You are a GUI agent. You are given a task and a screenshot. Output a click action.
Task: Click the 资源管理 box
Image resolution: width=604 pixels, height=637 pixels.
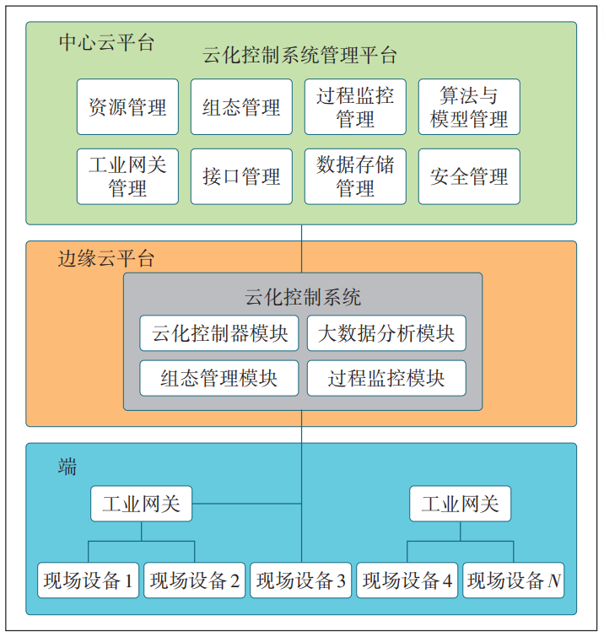point(127,107)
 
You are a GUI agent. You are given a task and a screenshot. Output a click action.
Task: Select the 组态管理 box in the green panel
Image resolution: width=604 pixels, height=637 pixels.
point(241,107)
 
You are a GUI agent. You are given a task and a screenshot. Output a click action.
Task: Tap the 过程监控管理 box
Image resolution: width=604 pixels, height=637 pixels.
point(355,107)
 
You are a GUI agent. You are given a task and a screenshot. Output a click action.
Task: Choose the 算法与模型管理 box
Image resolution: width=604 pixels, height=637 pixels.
point(469,107)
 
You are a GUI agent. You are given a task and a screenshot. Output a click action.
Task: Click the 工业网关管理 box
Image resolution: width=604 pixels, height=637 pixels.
point(127,176)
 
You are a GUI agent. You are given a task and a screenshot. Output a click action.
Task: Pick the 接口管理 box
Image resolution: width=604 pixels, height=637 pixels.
point(241,176)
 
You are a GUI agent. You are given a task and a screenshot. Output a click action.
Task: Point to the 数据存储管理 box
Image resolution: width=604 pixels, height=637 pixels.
point(355,176)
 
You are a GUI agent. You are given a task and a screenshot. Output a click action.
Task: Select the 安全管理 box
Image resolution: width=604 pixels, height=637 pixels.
point(469,176)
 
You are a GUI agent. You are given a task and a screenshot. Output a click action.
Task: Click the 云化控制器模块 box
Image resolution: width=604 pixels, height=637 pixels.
point(219,333)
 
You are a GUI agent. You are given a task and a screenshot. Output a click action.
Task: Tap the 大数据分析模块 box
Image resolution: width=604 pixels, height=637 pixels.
point(386,333)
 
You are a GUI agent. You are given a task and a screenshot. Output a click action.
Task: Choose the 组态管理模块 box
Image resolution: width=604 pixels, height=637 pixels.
point(219,378)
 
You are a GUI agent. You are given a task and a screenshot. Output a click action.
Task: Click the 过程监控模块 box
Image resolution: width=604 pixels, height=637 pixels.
point(386,378)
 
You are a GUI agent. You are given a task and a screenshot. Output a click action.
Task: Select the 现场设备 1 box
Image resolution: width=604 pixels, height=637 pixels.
point(89,580)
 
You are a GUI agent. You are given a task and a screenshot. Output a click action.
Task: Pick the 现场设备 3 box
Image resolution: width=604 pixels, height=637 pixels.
point(301,580)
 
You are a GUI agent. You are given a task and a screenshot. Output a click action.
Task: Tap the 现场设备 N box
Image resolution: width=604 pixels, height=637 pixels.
point(514,580)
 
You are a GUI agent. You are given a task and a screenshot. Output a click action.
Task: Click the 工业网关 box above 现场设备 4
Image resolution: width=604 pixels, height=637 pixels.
point(461,505)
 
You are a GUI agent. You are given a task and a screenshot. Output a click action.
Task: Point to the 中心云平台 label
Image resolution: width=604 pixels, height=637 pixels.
point(106,43)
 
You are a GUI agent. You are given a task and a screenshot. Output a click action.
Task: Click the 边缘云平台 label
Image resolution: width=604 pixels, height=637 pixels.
point(106,258)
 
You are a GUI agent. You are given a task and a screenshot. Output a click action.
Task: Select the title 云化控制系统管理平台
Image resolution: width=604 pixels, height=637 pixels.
point(299,57)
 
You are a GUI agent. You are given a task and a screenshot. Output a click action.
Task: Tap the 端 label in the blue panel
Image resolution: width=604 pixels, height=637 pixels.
point(67,467)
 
